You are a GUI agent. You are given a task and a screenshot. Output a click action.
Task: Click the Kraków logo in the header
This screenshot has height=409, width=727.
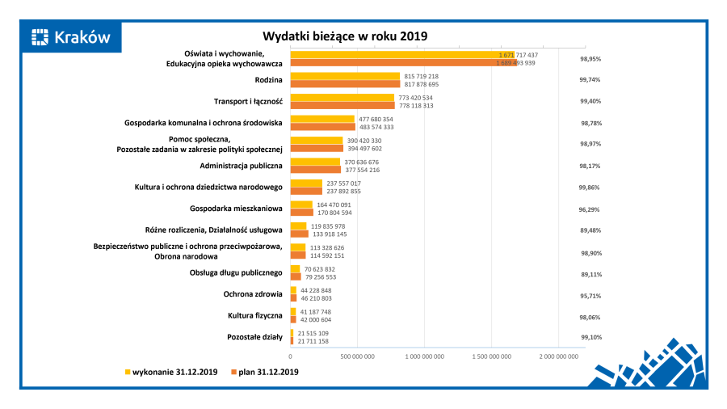tap(70, 37)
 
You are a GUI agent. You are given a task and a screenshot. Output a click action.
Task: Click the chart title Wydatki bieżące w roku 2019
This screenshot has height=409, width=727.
tap(345, 36)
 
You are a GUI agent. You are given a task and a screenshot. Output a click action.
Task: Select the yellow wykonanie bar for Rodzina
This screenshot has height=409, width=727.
tap(345, 76)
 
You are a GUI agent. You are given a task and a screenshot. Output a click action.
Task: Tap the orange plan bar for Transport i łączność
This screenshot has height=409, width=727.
tap(342, 105)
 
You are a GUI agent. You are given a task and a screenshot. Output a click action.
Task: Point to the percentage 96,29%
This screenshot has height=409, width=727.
tap(590, 209)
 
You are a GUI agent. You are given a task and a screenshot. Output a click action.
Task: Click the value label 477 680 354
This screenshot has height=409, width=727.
tap(376, 119)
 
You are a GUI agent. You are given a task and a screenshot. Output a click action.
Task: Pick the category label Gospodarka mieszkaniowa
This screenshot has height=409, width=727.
tap(236, 209)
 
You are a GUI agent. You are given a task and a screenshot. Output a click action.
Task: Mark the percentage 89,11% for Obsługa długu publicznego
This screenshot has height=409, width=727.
tap(590, 274)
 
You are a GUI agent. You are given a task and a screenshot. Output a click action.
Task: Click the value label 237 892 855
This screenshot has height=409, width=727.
tap(343, 191)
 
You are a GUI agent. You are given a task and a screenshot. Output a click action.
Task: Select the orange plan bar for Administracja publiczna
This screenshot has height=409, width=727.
tap(315, 170)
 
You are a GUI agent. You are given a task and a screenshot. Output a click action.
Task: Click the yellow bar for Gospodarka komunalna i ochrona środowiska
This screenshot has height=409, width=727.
tap(322, 119)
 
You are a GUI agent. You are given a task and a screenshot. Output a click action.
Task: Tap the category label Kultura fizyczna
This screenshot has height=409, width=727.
tap(254, 315)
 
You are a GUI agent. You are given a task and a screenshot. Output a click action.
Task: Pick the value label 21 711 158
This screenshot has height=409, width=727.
tap(313, 341)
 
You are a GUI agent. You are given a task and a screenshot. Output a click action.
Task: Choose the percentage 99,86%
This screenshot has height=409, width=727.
tap(590, 188)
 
